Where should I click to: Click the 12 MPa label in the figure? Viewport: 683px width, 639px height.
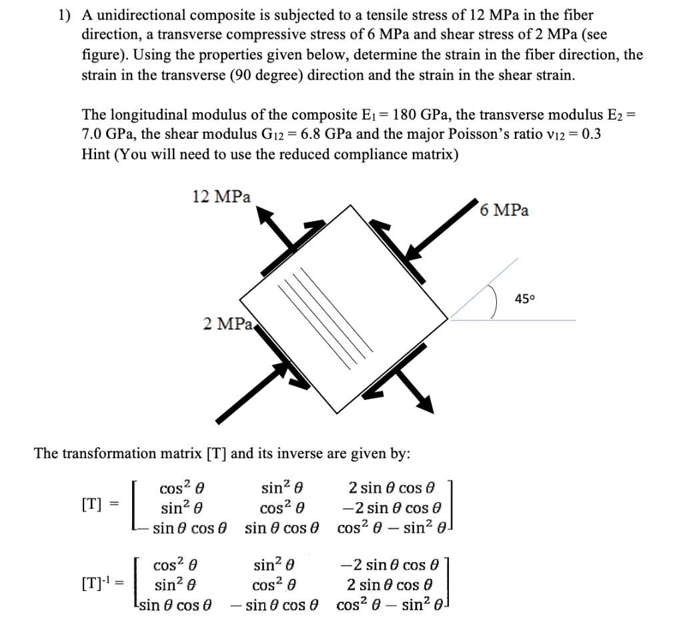[221, 197]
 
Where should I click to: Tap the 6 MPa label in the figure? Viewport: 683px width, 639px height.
[504, 210]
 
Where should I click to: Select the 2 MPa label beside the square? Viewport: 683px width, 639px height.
[227, 324]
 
